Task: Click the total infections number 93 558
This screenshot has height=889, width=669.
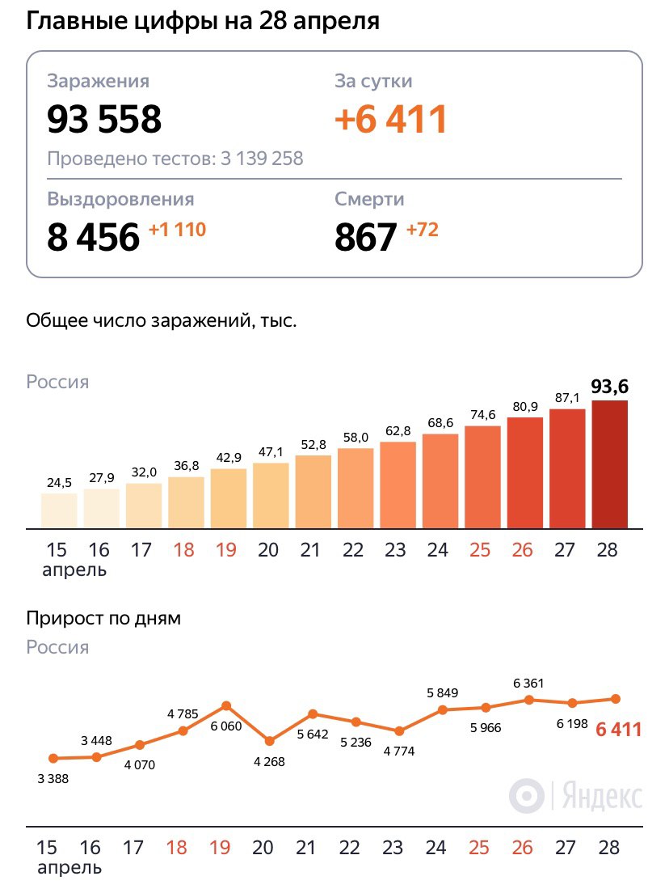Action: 104,119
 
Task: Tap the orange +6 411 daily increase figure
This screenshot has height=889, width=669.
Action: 391,119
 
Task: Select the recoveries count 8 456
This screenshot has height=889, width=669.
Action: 93,238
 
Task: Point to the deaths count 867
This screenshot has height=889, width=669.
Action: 366,238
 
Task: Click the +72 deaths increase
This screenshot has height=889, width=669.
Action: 422,230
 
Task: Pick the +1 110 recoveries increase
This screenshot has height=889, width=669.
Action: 177,230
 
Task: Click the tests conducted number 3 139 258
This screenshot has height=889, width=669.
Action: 261,159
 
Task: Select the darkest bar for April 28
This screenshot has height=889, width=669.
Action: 609,465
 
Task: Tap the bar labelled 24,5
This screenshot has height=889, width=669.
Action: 59,510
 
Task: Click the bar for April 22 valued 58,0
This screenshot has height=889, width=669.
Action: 356,489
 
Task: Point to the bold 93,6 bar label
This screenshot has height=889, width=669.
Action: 609,387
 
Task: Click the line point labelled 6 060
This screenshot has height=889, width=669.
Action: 225,706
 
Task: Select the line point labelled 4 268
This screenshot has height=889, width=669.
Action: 269,740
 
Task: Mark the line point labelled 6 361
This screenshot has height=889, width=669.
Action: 528,699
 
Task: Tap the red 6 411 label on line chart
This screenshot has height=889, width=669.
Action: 618,730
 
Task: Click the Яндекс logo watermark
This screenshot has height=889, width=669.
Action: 575,796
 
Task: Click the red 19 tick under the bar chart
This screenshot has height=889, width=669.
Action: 225,551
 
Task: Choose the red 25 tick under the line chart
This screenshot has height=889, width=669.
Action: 479,848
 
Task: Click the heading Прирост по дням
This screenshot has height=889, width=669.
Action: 103,619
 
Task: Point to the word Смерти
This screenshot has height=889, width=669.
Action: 369,199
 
